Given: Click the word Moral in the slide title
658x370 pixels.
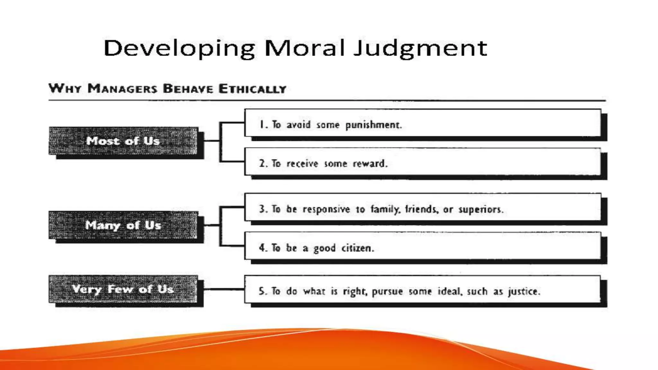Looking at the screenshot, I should pos(304,48).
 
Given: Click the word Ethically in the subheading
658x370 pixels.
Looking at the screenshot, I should pos(252,89).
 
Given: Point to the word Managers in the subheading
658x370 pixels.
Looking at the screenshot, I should pos(122,89).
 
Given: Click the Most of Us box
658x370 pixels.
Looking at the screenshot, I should pos(123,141).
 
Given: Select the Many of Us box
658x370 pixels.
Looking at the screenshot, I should pos(123,225).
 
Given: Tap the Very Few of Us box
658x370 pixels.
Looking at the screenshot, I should pos(123,289).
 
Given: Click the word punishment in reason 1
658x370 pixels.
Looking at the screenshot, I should pos(373,125).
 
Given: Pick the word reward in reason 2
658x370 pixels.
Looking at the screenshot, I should pos(370,164).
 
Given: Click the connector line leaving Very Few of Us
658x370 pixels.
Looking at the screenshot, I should pos(224,289).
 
